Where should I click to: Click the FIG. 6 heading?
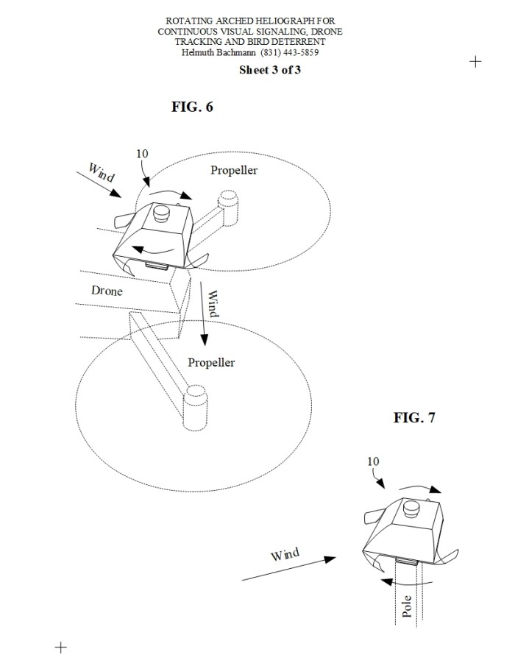[192, 107]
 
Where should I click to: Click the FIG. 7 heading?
[414, 417]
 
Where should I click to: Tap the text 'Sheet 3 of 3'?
[270, 70]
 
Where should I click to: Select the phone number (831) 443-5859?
[290, 52]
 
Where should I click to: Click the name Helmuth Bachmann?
[219, 52]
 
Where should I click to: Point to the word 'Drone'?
[107, 291]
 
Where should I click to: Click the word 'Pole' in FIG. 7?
[407, 606]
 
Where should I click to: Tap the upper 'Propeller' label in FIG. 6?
[234, 170]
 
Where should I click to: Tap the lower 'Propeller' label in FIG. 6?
[211, 362]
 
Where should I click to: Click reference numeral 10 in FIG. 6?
[142, 153]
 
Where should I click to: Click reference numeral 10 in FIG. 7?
[373, 461]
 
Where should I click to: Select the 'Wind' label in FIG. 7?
[285, 555]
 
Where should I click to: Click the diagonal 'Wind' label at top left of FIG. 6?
[101, 172]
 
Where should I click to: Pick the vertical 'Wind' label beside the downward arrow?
[213, 303]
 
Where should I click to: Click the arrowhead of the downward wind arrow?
[205, 339]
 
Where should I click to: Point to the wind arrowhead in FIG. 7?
[330, 559]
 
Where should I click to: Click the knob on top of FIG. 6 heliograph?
[162, 213]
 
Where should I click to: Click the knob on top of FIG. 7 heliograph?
[412, 509]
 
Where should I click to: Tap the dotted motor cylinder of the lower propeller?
[195, 408]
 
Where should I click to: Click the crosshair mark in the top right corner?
[475, 62]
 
